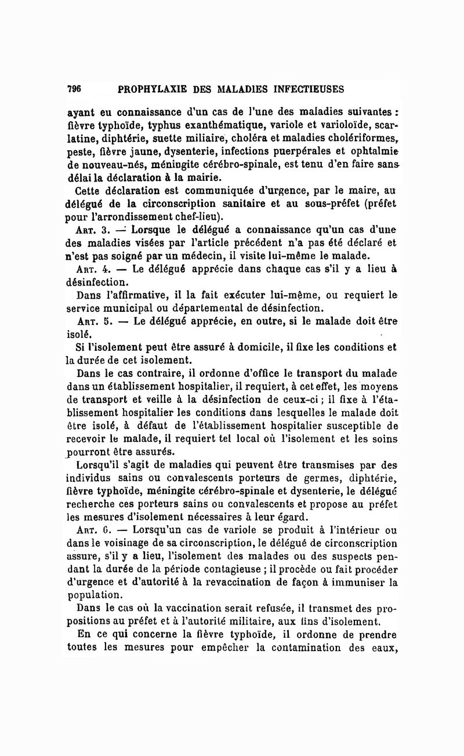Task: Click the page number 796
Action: point(74,89)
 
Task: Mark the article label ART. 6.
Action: point(93,530)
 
